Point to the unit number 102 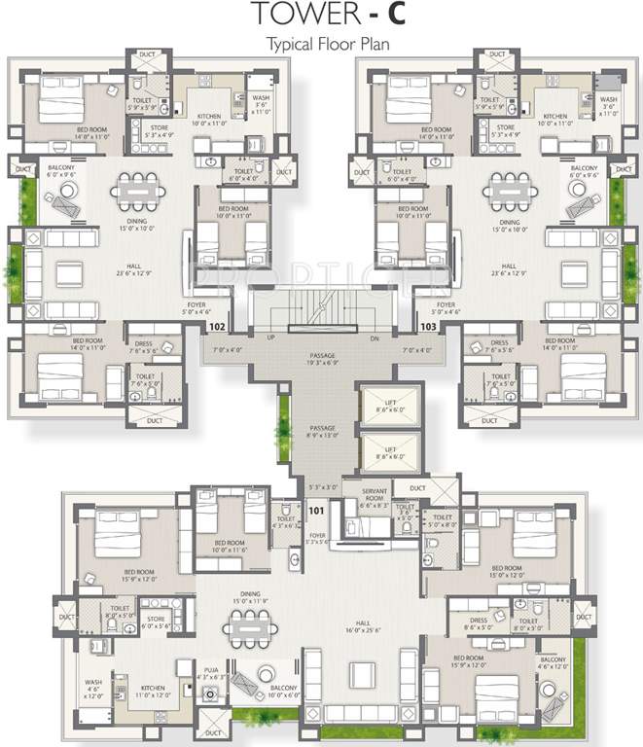tap(217, 328)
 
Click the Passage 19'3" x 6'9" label tap(321, 361)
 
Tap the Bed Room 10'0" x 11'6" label tap(230, 549)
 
